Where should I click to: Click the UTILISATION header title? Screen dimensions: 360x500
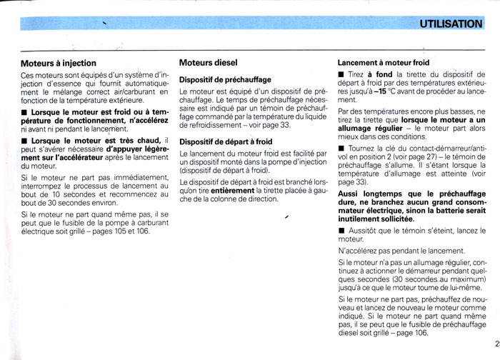(451, 24)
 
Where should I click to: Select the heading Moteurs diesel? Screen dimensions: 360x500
(208, 63)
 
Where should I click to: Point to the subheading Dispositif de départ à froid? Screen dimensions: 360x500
(226, 141)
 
